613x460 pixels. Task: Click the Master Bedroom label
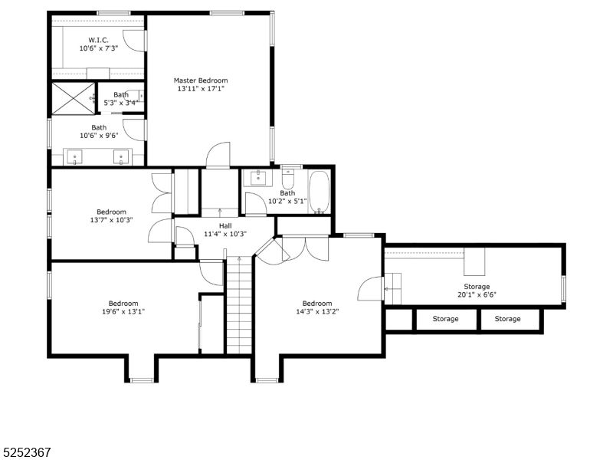(x=201, y=80)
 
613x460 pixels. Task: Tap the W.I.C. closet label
(x=99, y=40)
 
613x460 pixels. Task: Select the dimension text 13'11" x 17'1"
(x=201, y=89)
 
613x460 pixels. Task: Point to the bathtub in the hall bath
(x=319, y=192)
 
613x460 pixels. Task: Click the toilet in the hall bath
(x=289, y=180)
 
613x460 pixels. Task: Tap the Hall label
(x=225, y=225)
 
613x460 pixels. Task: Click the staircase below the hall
(x=239, y=307)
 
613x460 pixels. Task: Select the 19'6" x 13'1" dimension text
(x=123, y=311)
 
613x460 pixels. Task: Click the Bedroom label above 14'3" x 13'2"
(x=317, y=303)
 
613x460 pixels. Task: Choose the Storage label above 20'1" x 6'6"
(x=477, y=287)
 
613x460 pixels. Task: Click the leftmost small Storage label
(x=445, y=319)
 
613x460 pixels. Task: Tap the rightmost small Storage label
(x=507, y=319)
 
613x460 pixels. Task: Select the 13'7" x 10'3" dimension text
(x=111, y=220)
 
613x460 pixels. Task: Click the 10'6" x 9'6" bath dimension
(x=99, y=136)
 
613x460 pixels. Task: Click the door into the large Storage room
(x=370, y=289)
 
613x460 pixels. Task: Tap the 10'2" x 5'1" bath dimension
(x=287, y=202)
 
